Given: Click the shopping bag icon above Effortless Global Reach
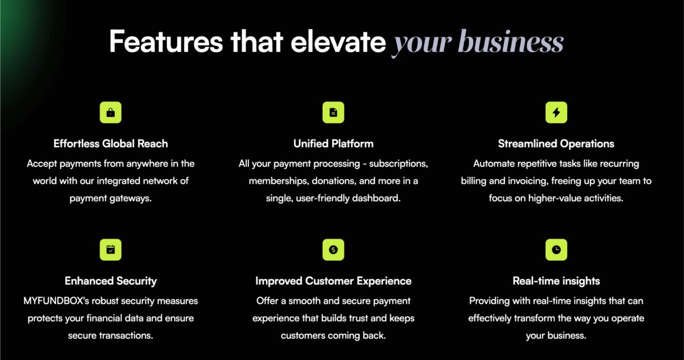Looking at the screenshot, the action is point(111,113).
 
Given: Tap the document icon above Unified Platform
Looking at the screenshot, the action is point(333,113).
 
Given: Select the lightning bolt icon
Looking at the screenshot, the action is point(556,113).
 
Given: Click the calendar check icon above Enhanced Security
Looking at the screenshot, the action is point(111,250).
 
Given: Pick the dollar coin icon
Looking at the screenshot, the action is point(333,250).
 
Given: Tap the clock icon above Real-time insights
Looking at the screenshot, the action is point(556,250).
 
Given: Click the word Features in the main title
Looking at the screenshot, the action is point(166,42).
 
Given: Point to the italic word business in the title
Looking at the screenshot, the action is point(511,42).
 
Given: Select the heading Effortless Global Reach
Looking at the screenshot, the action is point(111,144).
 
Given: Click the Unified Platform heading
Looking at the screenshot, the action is point(333,144).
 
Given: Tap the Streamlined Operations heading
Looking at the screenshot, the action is point(556,144).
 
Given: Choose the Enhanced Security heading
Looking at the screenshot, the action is point(111,281).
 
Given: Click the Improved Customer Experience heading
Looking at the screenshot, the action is point(333,281).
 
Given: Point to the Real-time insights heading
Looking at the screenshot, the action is point(556,281).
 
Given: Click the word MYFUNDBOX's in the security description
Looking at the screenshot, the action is point(56,301).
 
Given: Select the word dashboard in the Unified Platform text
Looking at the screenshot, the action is point(376,198).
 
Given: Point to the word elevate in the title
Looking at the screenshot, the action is point(339,42).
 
